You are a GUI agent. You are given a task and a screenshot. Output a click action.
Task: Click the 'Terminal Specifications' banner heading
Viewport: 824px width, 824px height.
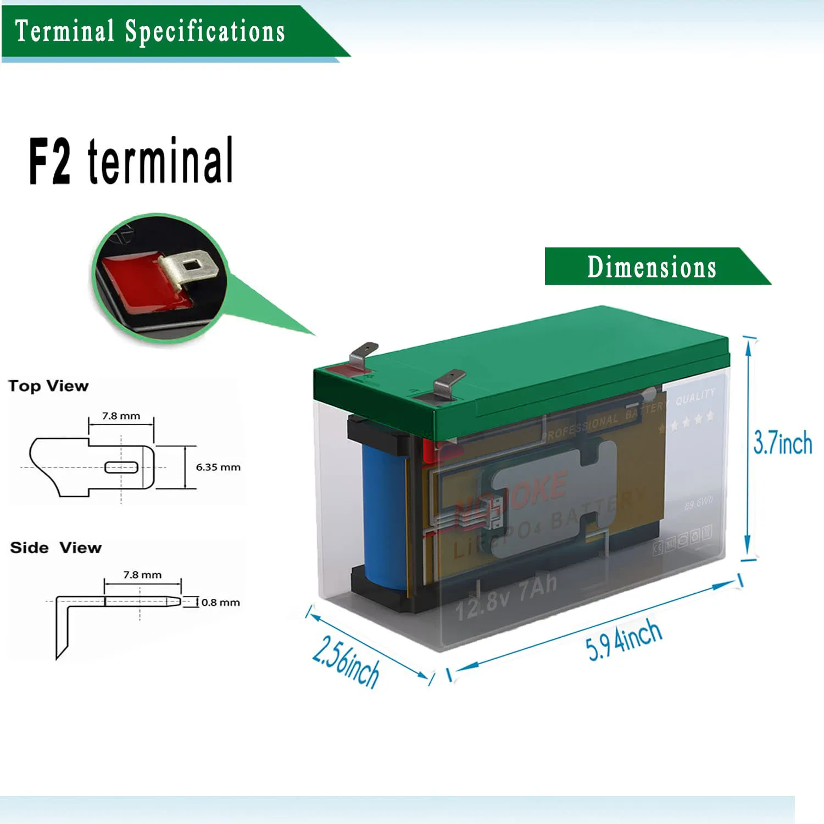149,31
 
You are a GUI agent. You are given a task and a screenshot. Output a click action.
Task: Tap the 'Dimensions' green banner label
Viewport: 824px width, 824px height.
652,267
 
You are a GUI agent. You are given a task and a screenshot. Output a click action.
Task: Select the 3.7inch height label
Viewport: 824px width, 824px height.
782,443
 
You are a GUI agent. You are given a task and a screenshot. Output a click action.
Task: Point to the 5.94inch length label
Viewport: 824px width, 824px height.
623,640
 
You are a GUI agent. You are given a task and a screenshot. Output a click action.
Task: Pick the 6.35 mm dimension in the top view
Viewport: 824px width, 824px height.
218,467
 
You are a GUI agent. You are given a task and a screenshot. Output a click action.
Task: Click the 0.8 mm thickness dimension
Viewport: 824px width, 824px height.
220,603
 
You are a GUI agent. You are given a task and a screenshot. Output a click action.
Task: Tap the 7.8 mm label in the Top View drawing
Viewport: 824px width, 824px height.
121,416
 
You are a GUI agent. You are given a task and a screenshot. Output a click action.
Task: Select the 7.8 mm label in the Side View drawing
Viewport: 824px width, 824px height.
142,575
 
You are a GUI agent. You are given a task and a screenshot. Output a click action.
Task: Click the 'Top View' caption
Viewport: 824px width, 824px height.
48,386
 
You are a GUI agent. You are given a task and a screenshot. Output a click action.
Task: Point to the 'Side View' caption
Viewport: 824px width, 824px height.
56,548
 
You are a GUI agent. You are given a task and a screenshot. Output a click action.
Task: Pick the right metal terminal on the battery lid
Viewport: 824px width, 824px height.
447,382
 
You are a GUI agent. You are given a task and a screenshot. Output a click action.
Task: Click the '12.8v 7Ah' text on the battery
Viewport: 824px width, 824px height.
506,597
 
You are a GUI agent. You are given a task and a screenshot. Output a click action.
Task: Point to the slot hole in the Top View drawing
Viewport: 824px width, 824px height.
121,467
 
